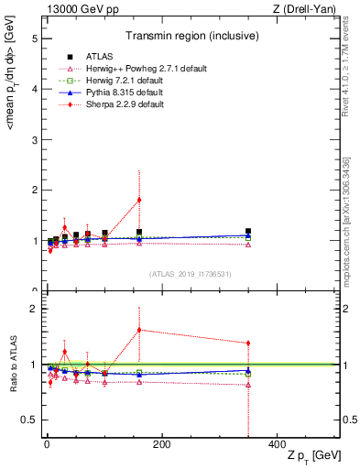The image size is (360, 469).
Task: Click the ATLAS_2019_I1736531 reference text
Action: [191, 274]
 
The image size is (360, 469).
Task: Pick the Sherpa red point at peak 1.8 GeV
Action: [139, 200]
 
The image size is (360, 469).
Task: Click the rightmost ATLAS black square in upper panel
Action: [248, 232]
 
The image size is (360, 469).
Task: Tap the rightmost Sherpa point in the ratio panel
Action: [248, 344]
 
